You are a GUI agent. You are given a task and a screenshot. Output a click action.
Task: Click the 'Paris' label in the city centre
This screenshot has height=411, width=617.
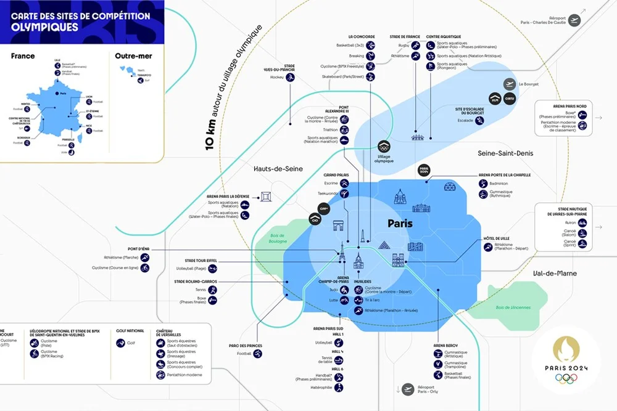[x=399, y=223]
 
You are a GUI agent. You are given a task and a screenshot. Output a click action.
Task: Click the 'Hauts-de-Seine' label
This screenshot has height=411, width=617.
[x=278, y=168]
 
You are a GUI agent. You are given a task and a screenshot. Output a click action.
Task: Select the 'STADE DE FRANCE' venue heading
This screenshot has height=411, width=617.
[x=405, y=37]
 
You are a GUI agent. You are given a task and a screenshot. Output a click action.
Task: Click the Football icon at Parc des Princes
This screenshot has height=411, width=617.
[x=258, y=354]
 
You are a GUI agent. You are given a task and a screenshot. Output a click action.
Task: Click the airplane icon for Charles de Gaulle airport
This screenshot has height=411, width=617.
[x=575, y=21]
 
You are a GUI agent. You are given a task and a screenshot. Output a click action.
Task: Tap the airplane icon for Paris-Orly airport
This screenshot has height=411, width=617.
[x=407, y=389]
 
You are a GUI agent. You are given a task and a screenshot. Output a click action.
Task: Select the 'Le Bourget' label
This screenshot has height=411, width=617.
[x=529, y=84]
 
